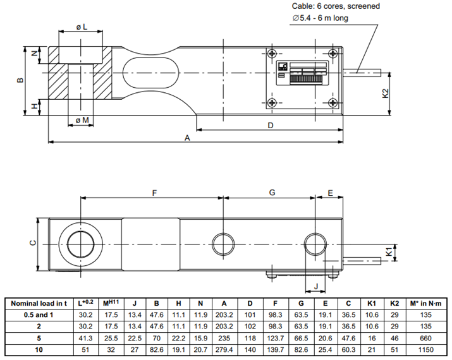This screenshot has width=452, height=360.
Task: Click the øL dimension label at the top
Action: coord(80,27)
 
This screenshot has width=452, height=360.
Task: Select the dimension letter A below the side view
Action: coord(186,137)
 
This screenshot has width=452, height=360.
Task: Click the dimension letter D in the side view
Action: coord(270,125)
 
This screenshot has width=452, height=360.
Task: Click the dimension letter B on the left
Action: coord(20,80)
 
